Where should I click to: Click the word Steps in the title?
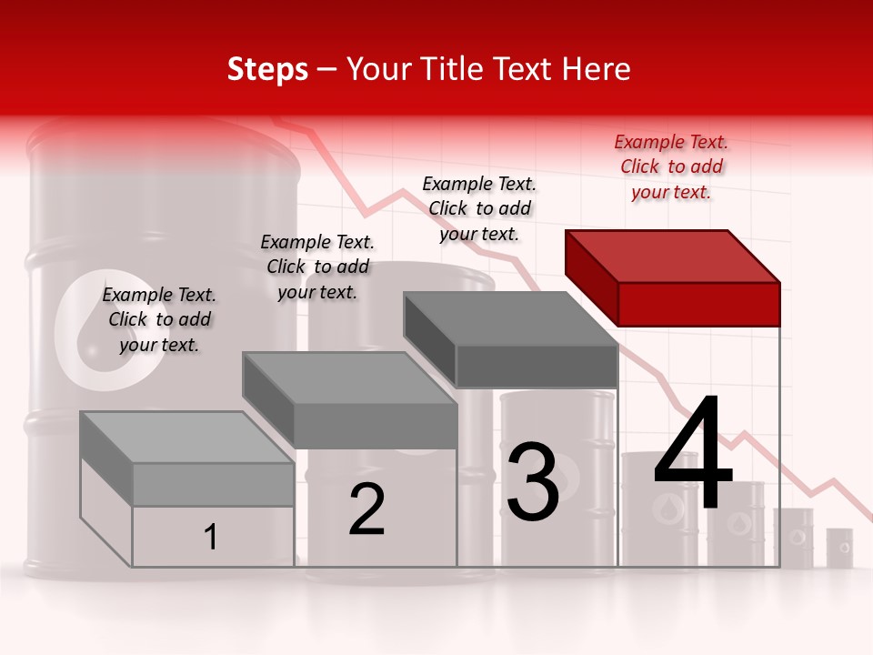coord(267,69)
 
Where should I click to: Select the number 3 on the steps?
coord(532,482)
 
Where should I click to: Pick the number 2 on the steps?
coord(366,509)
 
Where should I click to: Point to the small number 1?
coord(210,537)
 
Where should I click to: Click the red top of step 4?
coord(673,256)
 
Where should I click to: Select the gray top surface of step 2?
coord(350,378)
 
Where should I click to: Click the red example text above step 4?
coord(671,166)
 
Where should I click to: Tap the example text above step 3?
coord(479,208)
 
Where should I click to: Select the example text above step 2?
coord(317,267)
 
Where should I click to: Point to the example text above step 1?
coord(159,319)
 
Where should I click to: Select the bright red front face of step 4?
coord(698,304)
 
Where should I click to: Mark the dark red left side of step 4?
coord(591,277)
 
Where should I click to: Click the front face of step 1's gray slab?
coord(213,484)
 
